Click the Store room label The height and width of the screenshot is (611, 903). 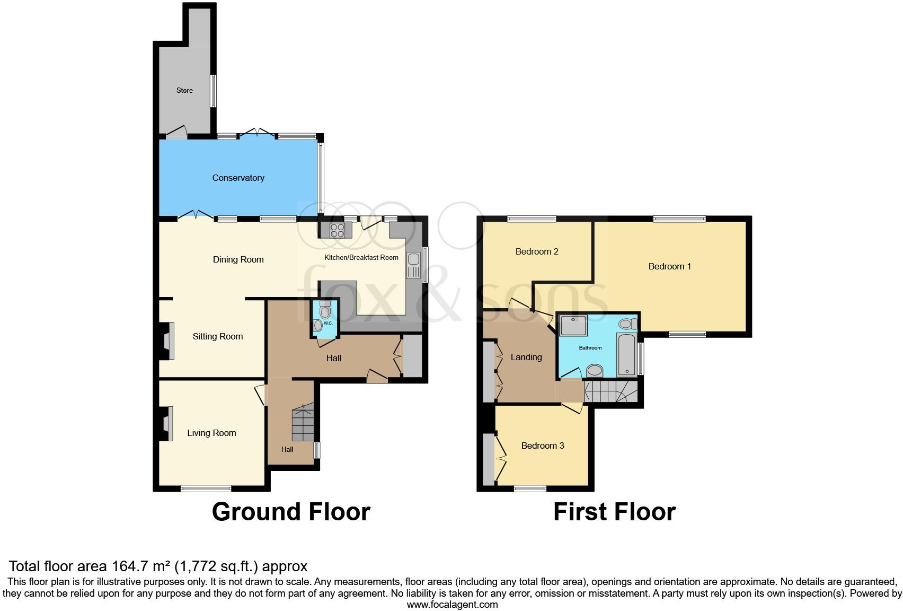[x=184, y=91]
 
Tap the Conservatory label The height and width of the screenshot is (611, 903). [x=238, y=178]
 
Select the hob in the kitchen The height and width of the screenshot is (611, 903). [x=338, y=230]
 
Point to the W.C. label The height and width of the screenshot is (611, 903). [x=327, y=323]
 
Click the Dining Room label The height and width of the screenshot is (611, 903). [x=238, y=259]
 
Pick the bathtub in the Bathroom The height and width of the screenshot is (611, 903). [x=626, y=354]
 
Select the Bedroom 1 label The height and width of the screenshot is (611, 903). [x=669, y=266]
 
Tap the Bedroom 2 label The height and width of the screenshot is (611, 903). [x=537, y=251]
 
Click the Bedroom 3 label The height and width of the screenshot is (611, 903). [x=542, y=446]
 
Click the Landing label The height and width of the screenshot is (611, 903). [x=526, y=357]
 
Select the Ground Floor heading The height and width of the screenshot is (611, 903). [x=291, y=512]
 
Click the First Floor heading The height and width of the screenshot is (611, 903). [x=614, y=512]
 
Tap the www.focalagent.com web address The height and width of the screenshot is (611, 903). [x=452, y=604]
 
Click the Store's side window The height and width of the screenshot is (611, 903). [x=213, y=91]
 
